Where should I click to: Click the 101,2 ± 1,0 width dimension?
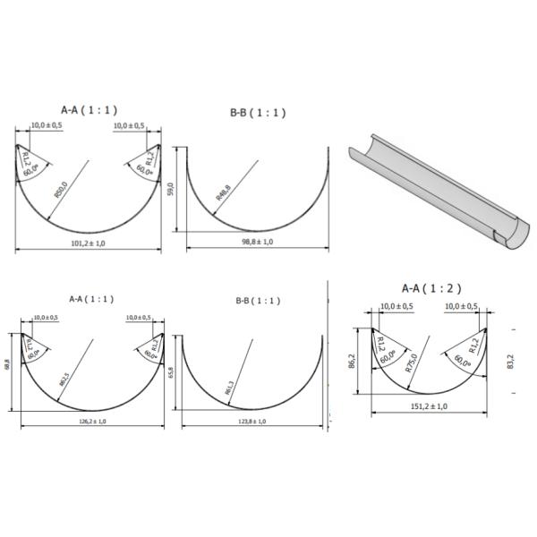point(89,243)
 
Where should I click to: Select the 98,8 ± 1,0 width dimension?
point(255,242)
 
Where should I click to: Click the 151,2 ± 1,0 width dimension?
point(429,405)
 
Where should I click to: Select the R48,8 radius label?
point(223,192)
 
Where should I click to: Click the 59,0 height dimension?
point(172,189)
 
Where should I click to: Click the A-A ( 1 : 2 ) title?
point(430,288)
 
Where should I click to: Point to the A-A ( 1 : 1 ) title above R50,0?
point(89,109)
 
